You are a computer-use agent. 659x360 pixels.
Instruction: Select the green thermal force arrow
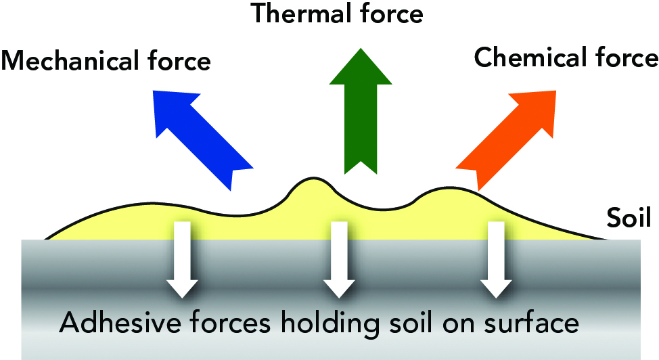click(361, 111)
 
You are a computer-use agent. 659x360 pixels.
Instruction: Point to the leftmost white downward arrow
click(182, 259)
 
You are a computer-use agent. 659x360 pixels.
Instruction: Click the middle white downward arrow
click(339, 259)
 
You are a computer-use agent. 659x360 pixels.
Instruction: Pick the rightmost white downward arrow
click(496, 259)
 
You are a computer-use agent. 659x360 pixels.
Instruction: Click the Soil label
click(629, 218)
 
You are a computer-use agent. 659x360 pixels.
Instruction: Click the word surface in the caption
click(531, 323)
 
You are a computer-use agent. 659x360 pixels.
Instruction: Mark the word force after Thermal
click(392, 13)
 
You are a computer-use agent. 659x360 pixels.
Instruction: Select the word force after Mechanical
click(179, 61)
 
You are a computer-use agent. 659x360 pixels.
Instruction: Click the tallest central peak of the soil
click(313, 179)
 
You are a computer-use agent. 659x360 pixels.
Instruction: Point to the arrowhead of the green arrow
click(361, 66)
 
